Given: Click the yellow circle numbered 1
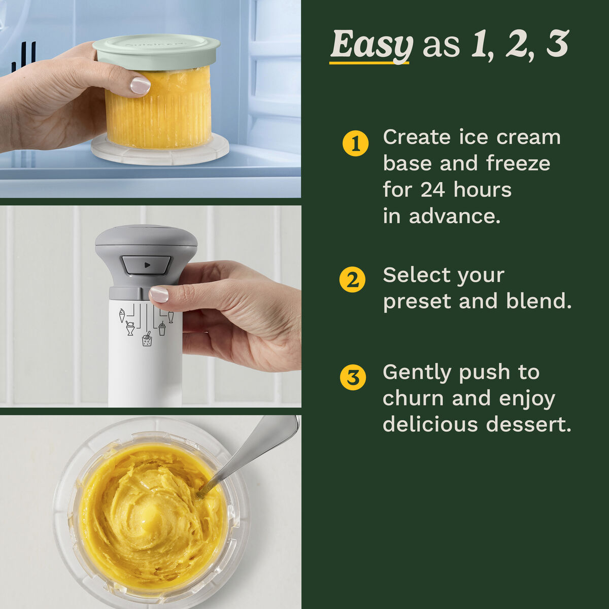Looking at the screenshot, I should [356, 144].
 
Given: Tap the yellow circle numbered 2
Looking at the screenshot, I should [352, 280].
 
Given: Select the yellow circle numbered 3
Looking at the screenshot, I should [352, 378].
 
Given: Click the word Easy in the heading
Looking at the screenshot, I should [371, 46].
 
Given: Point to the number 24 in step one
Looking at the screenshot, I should [432, 190].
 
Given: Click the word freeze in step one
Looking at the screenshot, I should [518, 163].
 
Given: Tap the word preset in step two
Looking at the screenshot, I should [417, 301].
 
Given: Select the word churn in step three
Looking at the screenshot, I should [413, 398].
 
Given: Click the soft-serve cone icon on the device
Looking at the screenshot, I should [122, 315].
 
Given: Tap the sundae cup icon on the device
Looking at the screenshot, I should [130, 328].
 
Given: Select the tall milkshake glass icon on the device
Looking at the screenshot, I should [171, 317].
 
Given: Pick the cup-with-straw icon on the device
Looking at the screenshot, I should [162, 328].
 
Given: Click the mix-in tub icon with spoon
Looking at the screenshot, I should [147, 339].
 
